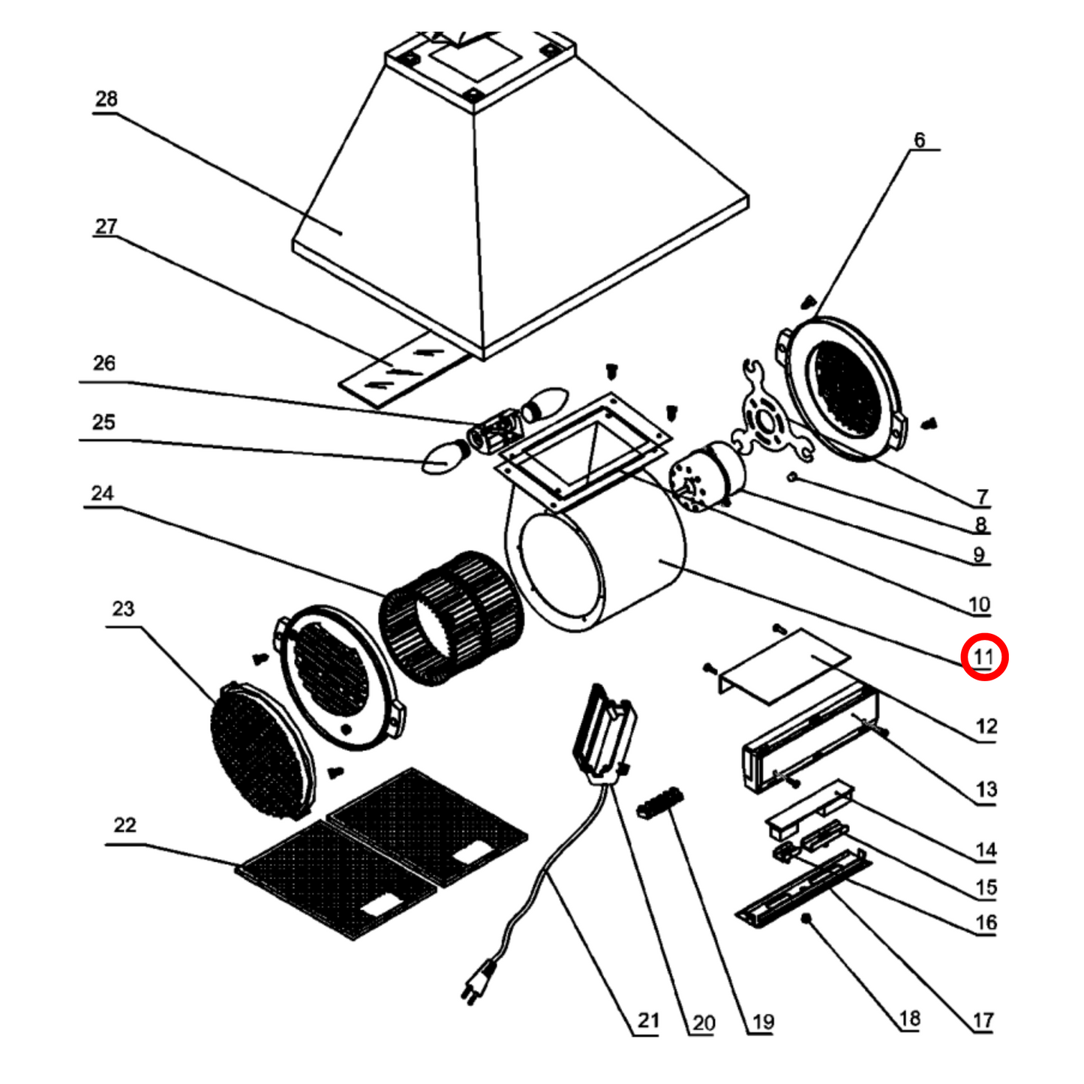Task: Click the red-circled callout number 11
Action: click(983, 657)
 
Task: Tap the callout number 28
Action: click(107, 99)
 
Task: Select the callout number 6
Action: click(920, 140)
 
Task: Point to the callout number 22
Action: click(125, 825)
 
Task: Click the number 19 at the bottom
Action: click(762, 1022)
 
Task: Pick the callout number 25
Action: click(104, 422)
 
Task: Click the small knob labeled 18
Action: click(807, 919)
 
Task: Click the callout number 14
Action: click(986, 850)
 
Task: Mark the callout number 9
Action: click(978, 555)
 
